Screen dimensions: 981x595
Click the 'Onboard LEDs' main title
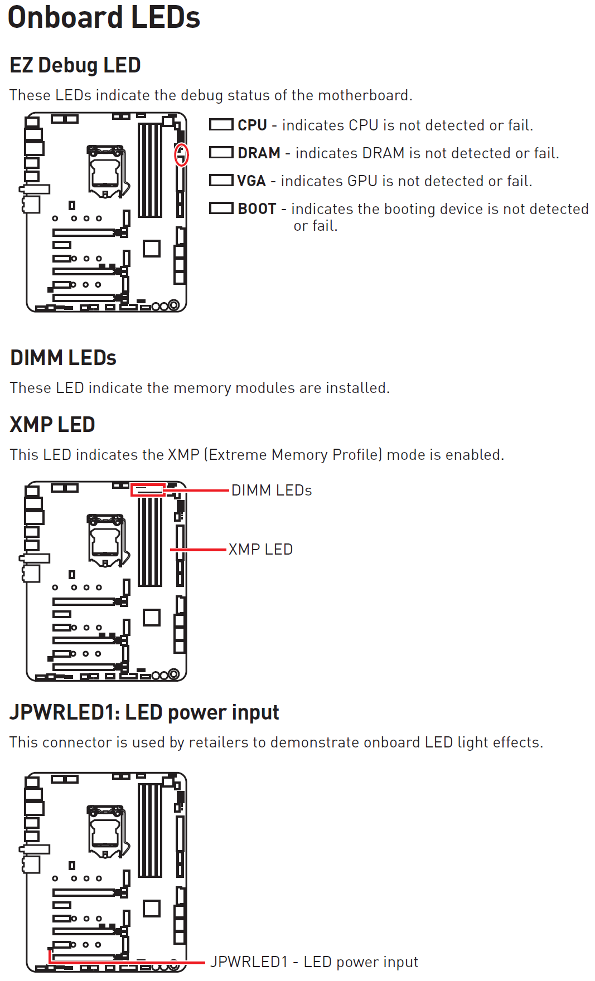[x=104, y=18]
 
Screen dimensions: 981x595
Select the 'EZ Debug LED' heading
[x=75, y=65]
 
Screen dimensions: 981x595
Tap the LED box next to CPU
[x=221, y=125]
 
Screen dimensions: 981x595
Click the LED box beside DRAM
[x=221, y=153]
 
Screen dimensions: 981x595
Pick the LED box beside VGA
[x=221, y=181]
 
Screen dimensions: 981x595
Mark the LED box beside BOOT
[x=221, y=208]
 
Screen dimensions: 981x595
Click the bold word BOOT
[x=257, y=209]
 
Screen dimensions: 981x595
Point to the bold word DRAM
[x=259, y=153]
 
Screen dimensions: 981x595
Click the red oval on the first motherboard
[x=181, y=155]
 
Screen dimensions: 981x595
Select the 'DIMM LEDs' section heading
[x=63, y=358]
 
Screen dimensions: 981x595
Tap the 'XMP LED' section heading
[x=52, y=425]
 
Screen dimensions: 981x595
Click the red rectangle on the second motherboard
[x=148, y=490]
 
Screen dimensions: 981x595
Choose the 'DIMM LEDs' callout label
[x=272, y=490]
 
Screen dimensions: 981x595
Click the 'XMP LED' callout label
[x=260, y=550]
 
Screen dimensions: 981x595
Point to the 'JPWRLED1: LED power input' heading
[x=144, y=713]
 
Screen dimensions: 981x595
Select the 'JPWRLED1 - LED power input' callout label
[x=314, y=962]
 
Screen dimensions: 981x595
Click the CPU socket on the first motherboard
[x=106, y=171]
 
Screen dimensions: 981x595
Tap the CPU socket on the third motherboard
[x=106, y=831]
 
